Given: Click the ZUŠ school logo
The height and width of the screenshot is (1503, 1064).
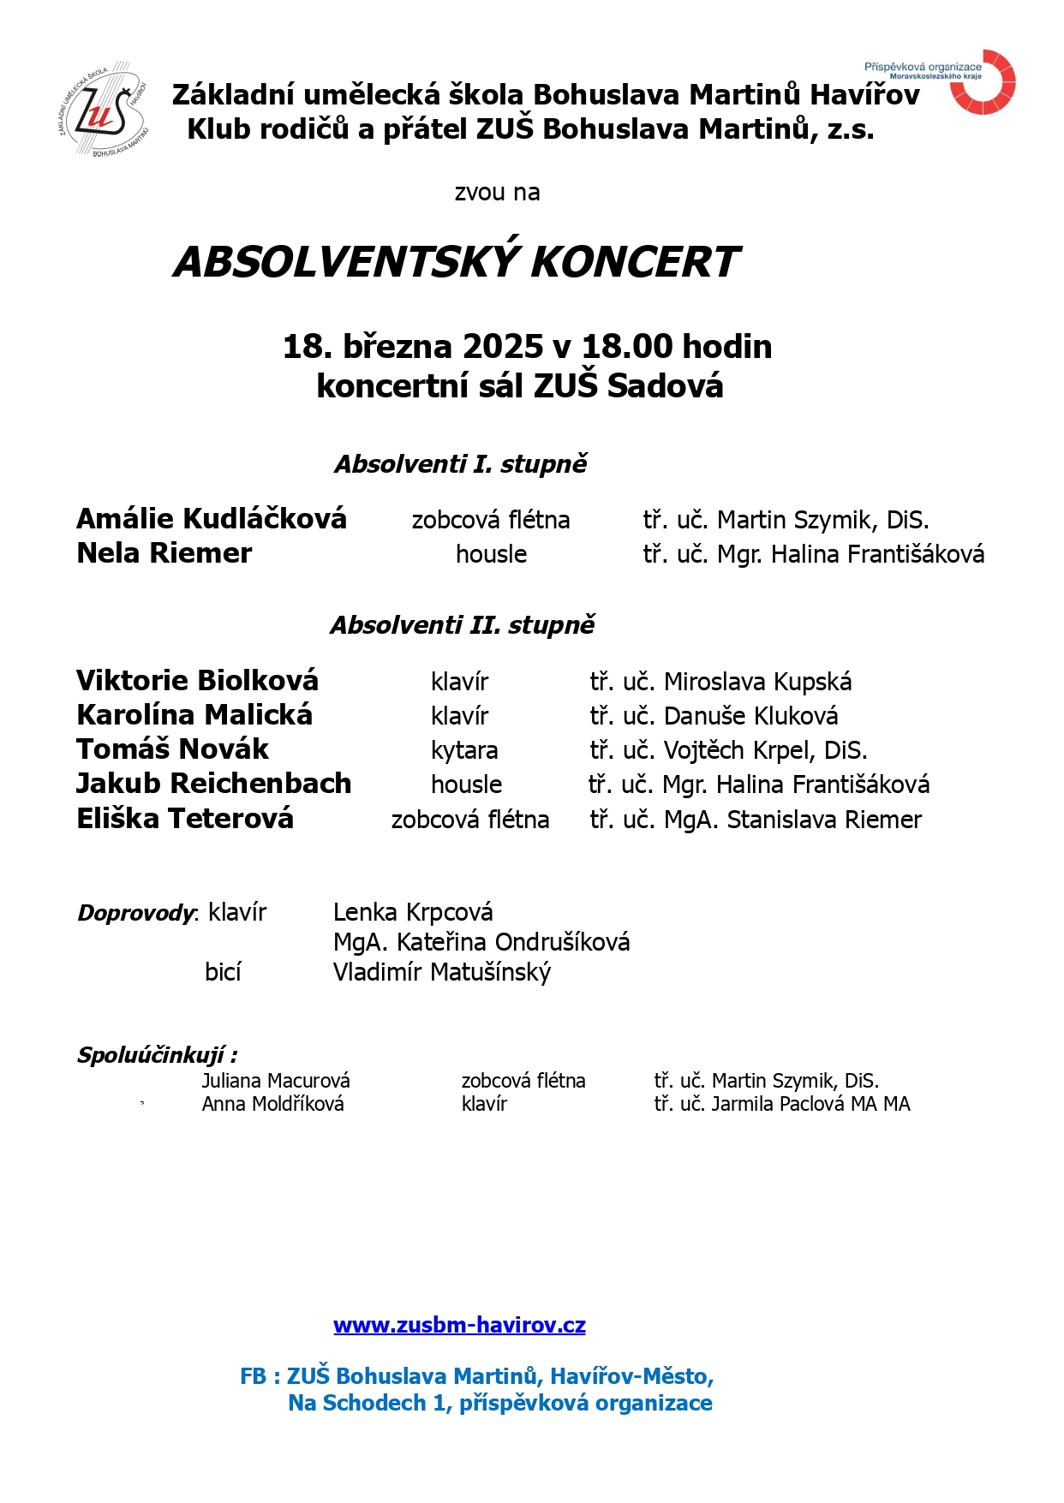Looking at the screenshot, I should tap(105, 110).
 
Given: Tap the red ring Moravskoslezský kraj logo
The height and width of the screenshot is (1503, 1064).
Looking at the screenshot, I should tap(983, 82).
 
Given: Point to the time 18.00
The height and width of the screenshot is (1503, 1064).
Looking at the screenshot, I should tap(627, 347).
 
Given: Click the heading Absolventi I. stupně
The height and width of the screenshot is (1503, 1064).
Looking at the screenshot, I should tap(461, 464).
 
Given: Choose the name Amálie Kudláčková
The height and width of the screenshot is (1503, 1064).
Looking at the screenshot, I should tap(212, 519).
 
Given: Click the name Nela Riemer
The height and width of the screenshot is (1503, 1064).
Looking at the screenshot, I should tap(164, 553).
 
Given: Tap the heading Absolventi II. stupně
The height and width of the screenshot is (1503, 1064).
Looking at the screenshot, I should tap(463, 625).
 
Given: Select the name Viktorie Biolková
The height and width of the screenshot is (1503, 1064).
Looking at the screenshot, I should tap(197, 681).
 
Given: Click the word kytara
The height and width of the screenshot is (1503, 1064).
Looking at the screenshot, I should tap(464, 750).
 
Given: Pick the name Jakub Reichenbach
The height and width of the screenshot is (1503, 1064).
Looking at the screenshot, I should tap(214, 784).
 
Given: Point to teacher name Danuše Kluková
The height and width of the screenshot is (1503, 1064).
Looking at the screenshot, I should tap(750, 716).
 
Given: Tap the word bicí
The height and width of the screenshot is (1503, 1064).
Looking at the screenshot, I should tap(223, 972).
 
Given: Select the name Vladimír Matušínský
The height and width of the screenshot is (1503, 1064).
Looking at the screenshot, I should tap(442, 973).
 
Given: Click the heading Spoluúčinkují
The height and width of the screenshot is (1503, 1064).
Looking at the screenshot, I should tap(157, 1055).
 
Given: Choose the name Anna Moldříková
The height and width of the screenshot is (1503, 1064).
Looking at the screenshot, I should tap(272, 1104).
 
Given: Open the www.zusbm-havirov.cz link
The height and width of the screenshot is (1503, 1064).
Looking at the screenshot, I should tap(459, 1326).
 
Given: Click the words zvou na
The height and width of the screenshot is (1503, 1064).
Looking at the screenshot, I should tap(497, 193).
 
